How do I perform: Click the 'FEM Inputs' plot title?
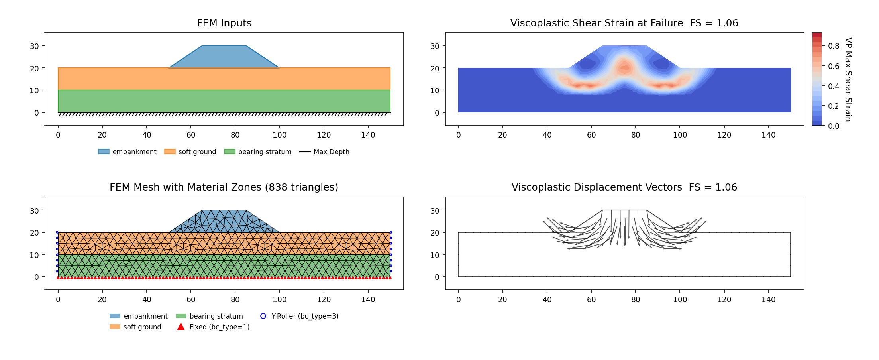click(x=224, y=23)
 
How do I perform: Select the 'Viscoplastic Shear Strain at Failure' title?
click(x=596, y=23)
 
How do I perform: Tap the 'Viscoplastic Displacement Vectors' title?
click(x=596, y=187)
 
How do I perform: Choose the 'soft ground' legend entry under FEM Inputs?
click(x=190, y=152)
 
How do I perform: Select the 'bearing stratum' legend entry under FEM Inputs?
click(x=258, y=152)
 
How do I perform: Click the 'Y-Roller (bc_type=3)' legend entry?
click(x=299, y=316)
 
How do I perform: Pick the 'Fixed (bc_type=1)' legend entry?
click(x=214, y=327)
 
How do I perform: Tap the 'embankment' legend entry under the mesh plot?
click(x=139, y=316)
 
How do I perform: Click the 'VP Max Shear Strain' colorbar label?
click(x=848, y=79)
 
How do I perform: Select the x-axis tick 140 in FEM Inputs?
click(x=368, y=135)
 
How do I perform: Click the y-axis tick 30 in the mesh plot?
click(x=35, y=211)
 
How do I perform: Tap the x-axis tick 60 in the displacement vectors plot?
click(x=591, y=300)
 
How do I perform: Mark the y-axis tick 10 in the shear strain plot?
click(x=435, y=90)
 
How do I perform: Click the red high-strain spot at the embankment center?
click(x=624, y=68)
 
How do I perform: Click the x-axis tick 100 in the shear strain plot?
click(x=680, y=135)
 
